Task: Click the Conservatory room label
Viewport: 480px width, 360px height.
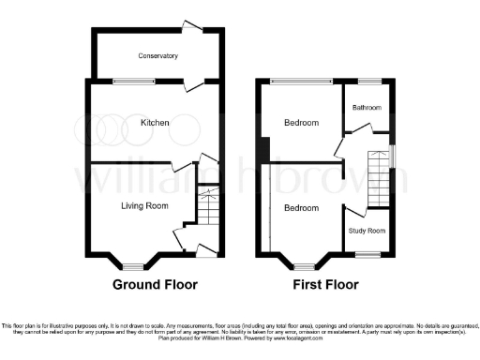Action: coord(157,56)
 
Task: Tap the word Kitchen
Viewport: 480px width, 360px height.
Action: coord(155,123)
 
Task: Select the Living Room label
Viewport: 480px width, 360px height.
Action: coord(144,203)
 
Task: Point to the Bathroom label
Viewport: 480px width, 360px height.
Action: coord(367,108)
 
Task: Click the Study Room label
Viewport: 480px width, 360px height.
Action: coord(368,230)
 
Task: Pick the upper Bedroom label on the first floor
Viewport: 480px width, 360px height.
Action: coord(301,123)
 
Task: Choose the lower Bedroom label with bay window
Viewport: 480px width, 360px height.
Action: coord(301,207)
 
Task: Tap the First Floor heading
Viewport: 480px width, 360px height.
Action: coord(325,284)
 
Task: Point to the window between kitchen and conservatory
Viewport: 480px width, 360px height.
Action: coord(132,82)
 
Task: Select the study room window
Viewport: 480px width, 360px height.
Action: coord(367,254)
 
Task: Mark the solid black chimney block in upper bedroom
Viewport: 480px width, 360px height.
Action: coord(267,149)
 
